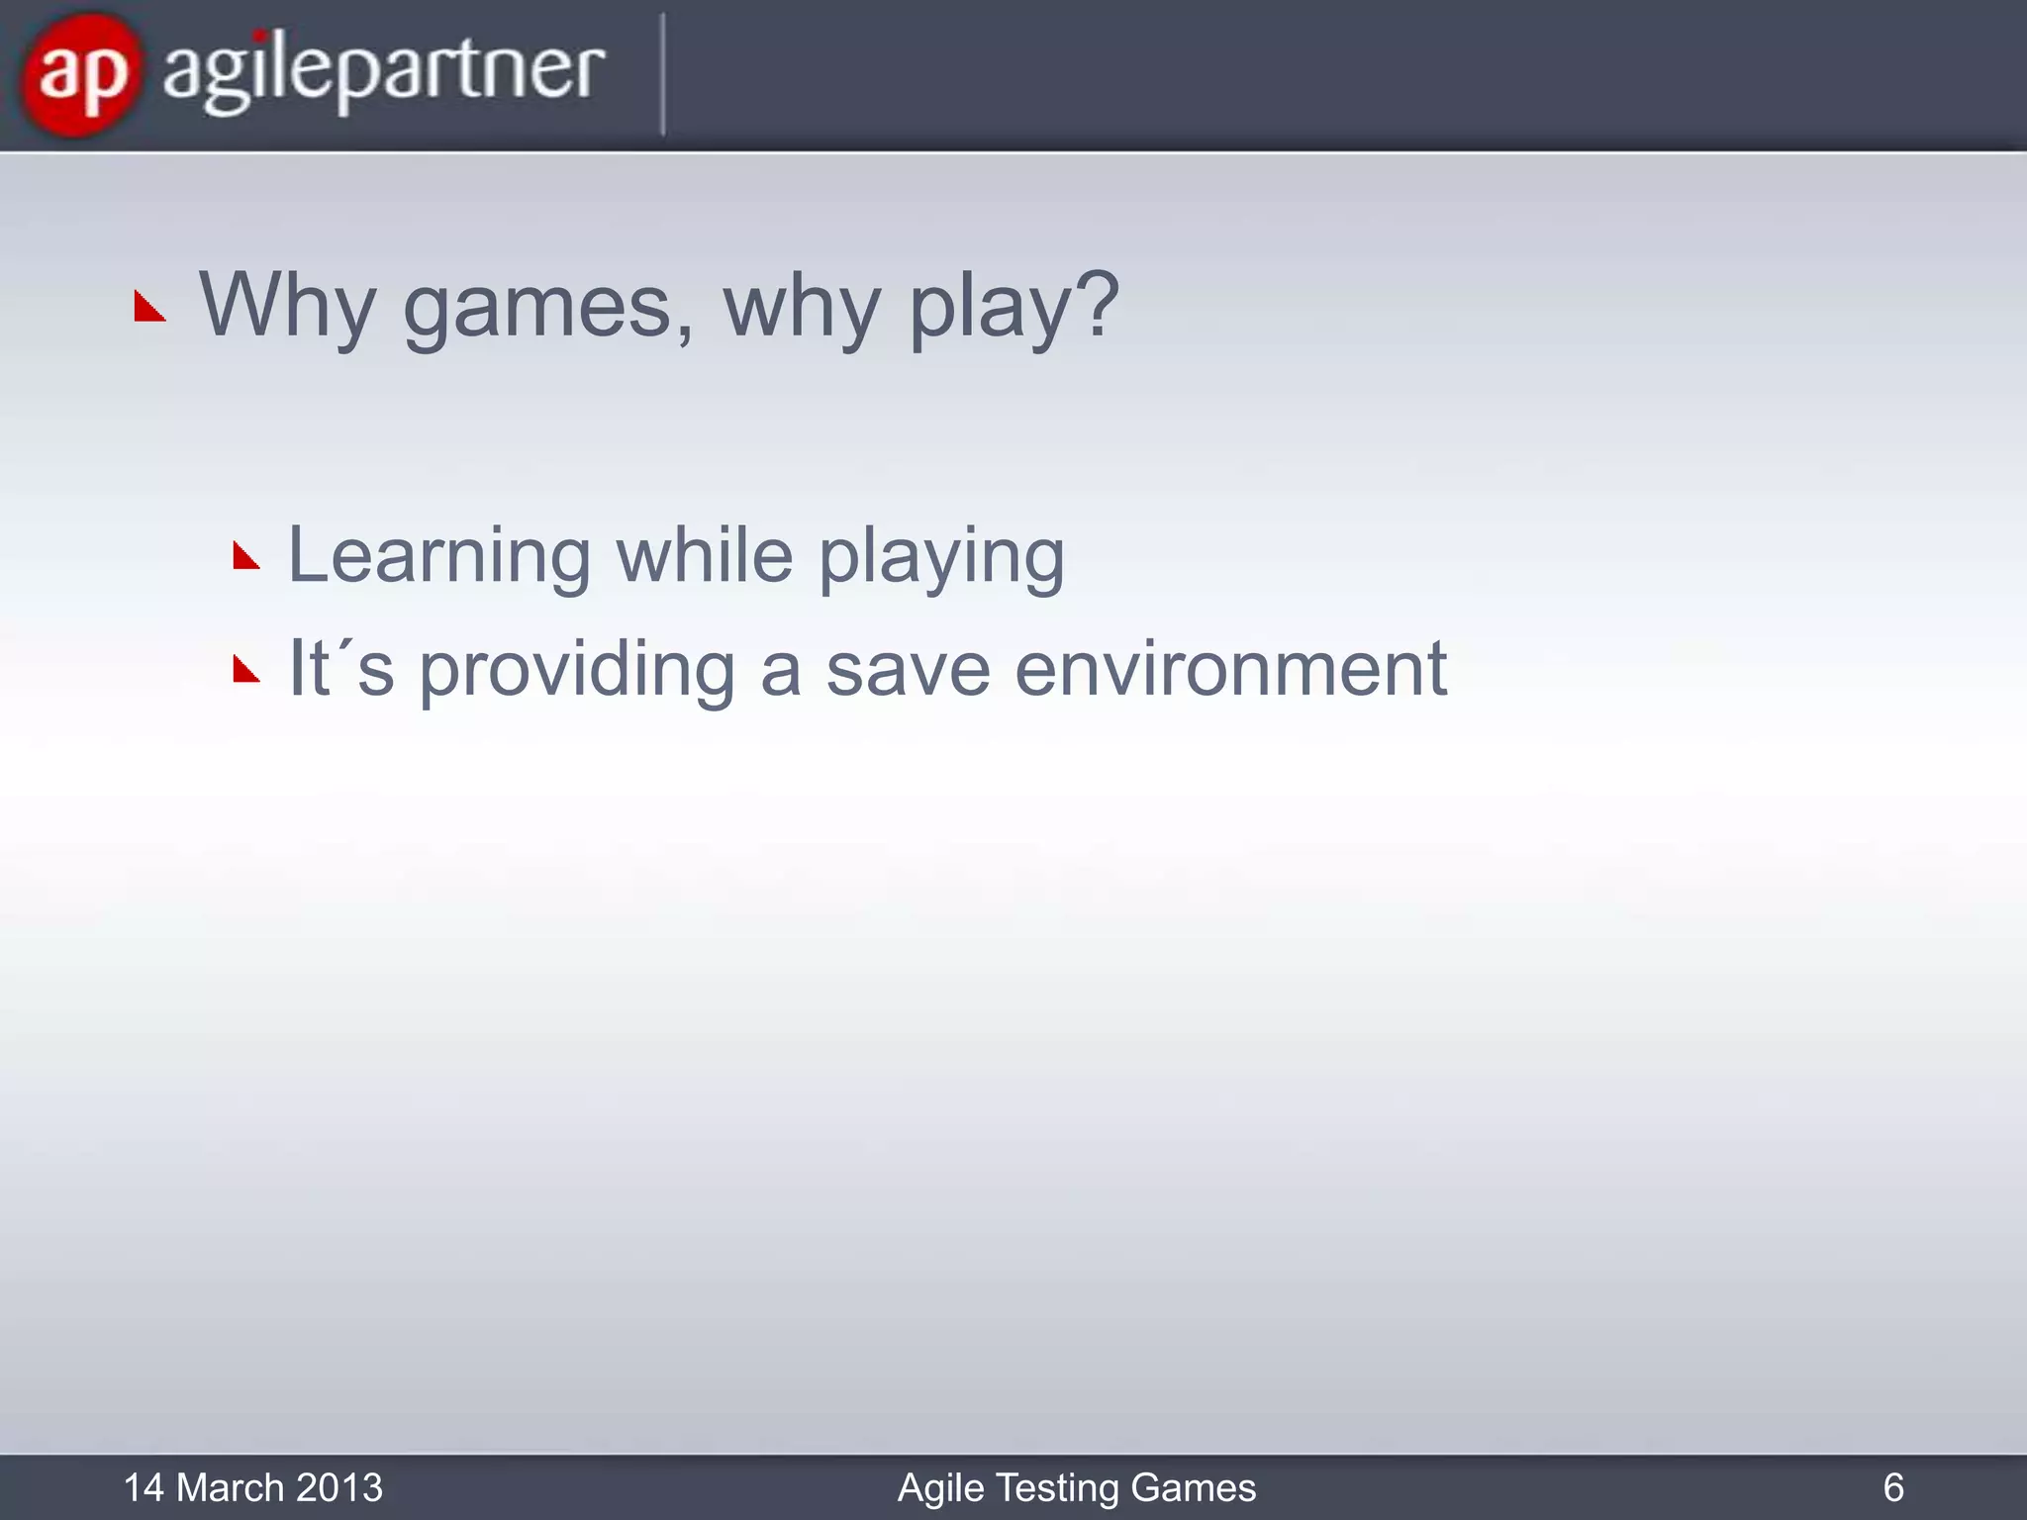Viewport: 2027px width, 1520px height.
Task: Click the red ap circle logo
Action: coord(79,74)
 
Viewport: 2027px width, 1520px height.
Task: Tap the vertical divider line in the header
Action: coord(662,74)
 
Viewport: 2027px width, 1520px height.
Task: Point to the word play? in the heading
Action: coord(1013,306)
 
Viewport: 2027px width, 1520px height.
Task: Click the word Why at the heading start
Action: coord(287,306)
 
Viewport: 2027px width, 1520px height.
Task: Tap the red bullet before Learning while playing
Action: coord(245,556)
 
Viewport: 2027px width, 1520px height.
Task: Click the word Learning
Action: coord(438,555)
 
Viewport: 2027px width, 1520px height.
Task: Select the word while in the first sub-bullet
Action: coord(704,555)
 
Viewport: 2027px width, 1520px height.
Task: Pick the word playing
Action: coord(941,559)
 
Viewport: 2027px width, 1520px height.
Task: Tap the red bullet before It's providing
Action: coord(245,670)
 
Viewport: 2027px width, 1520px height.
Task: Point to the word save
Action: coord(908,670)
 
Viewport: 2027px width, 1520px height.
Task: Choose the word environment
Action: coord(1230,670)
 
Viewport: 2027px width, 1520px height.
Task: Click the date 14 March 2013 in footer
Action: coord(252,1487)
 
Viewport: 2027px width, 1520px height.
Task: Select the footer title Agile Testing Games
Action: coord(1076,1487)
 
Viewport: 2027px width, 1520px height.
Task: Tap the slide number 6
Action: coord(1892,1487)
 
